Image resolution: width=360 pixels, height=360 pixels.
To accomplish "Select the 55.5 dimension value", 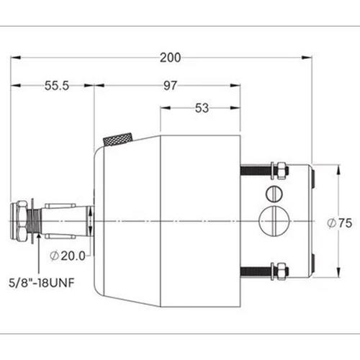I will tap(55, 86).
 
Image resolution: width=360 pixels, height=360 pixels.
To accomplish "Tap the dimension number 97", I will tap(171, 86).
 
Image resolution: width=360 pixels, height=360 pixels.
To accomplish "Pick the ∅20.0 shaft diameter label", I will tap(69, 254).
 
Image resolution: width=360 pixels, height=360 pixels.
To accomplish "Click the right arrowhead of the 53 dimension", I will tap(236, 109).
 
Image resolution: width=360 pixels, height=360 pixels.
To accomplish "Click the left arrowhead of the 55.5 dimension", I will tap(15, 86).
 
